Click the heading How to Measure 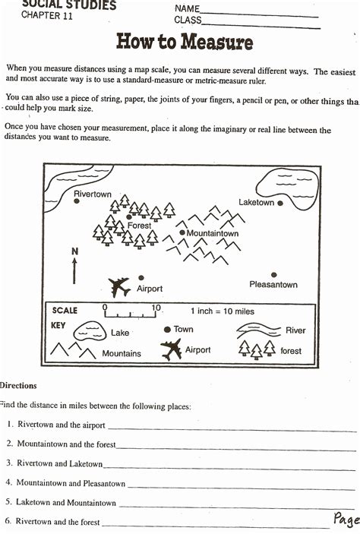[x=184, y=41]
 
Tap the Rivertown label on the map [x=92, y=194]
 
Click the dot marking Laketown [x=280, y=204]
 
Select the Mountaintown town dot [x=182, y=232]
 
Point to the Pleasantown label [x=273, y=285]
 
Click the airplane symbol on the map [x=119, y=286]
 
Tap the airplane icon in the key [x=171, y=350]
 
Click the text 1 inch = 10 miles [x=224, y=311]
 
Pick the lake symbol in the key [x=89, y=330]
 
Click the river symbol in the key [x=259, y=330]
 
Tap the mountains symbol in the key [x=72, y=351]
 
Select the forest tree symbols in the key [x=257, y=349]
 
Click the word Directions [x=18, y=387]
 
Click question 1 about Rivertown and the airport [x=62, y=425]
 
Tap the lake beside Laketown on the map [x=289, y=182]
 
